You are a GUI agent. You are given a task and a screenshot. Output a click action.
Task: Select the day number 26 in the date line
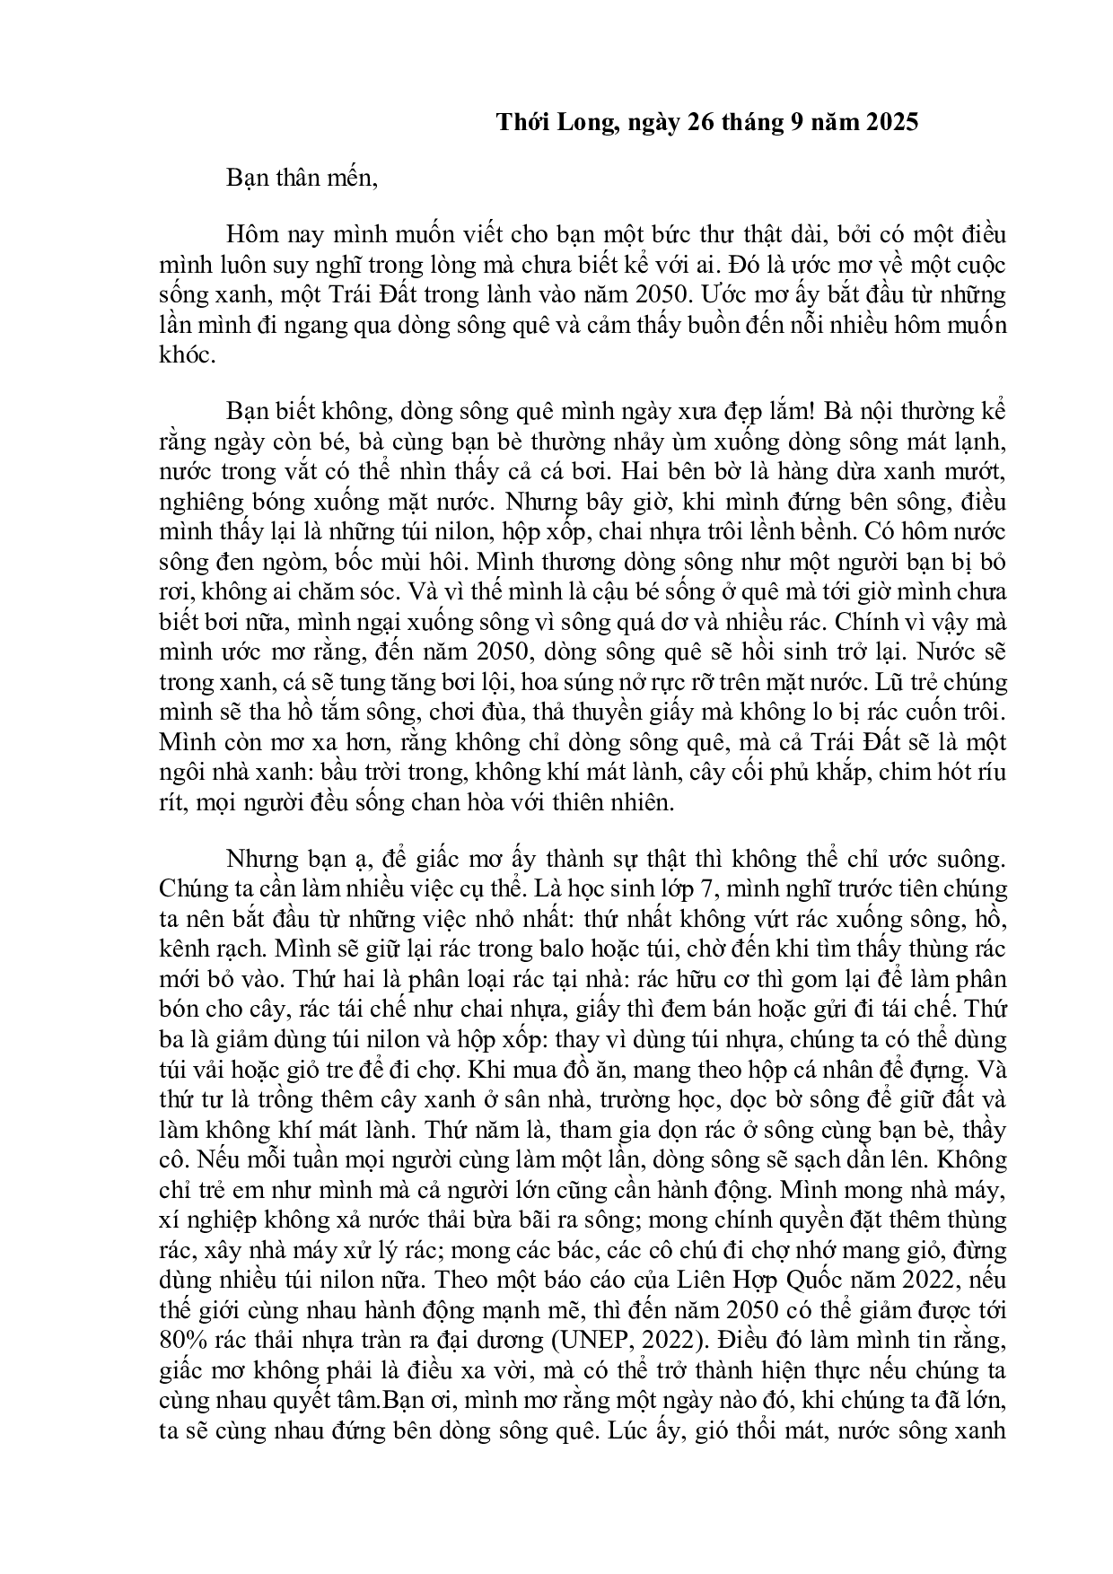pyautogui.click(x=699, y=123)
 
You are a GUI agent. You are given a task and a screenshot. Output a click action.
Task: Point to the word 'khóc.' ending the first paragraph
pyautogui.click(x=186, y=354)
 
